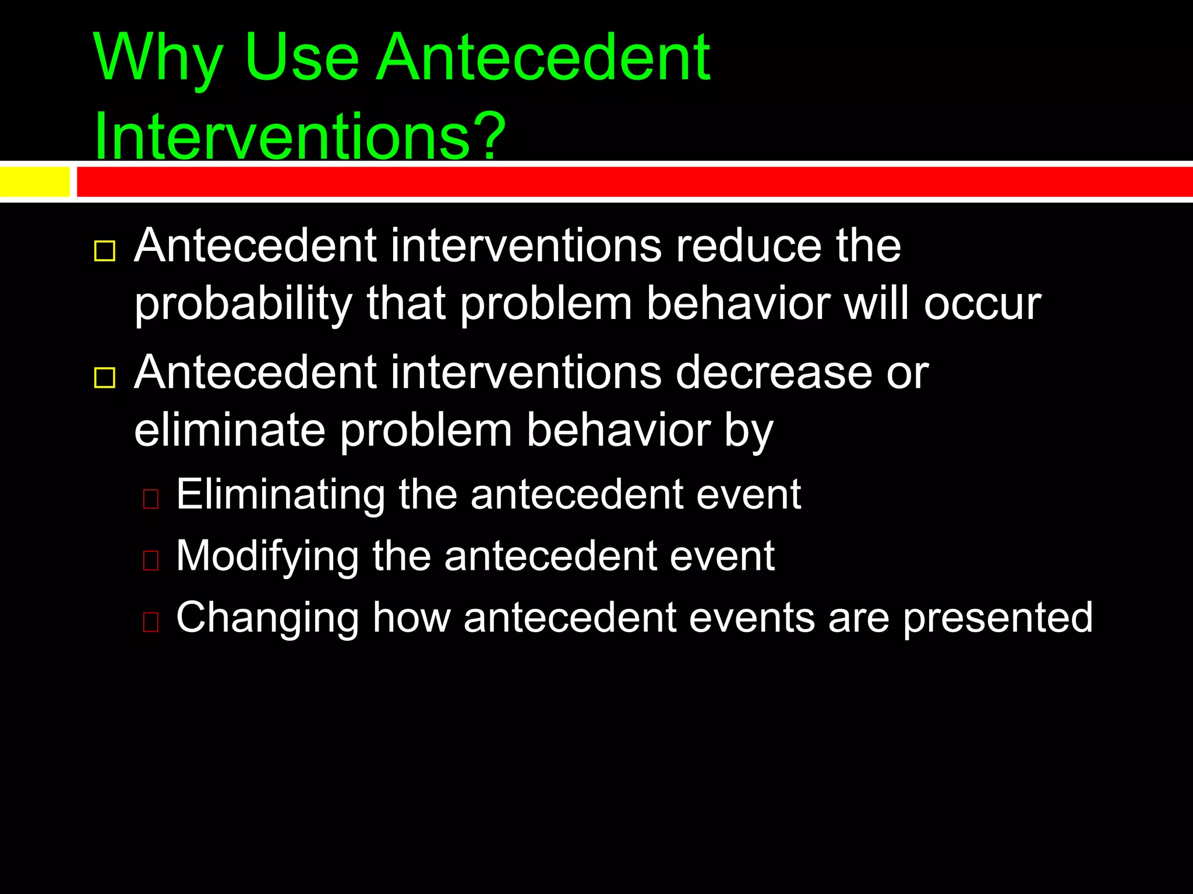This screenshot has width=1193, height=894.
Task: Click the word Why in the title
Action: (158, 58)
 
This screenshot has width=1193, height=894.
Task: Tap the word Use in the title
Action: (302, 58)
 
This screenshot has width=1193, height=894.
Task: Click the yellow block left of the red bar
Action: (34, 182)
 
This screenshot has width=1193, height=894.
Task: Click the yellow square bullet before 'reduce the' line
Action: (105, 251)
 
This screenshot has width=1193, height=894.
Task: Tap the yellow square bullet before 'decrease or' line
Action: (105, 378)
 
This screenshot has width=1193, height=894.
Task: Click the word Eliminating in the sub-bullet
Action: (280, 494)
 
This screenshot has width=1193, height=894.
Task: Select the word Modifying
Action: (267, 556)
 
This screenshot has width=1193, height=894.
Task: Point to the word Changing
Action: (267, 618)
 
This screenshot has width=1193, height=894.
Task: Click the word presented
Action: (997, 618)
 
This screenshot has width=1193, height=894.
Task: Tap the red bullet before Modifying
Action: (151, 560)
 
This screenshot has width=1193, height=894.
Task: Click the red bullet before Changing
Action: (151, 622)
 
